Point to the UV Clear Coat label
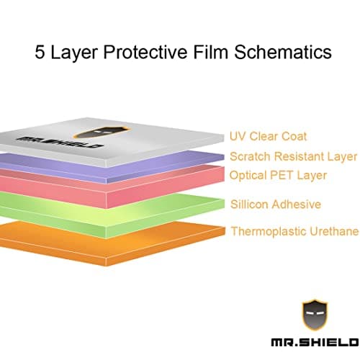tap(267, 136)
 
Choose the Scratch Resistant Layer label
tap(293, 156)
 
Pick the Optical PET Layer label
tap(278, 175)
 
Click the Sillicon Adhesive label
tap(274, 204)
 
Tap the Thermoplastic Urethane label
tap(294, 231)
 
